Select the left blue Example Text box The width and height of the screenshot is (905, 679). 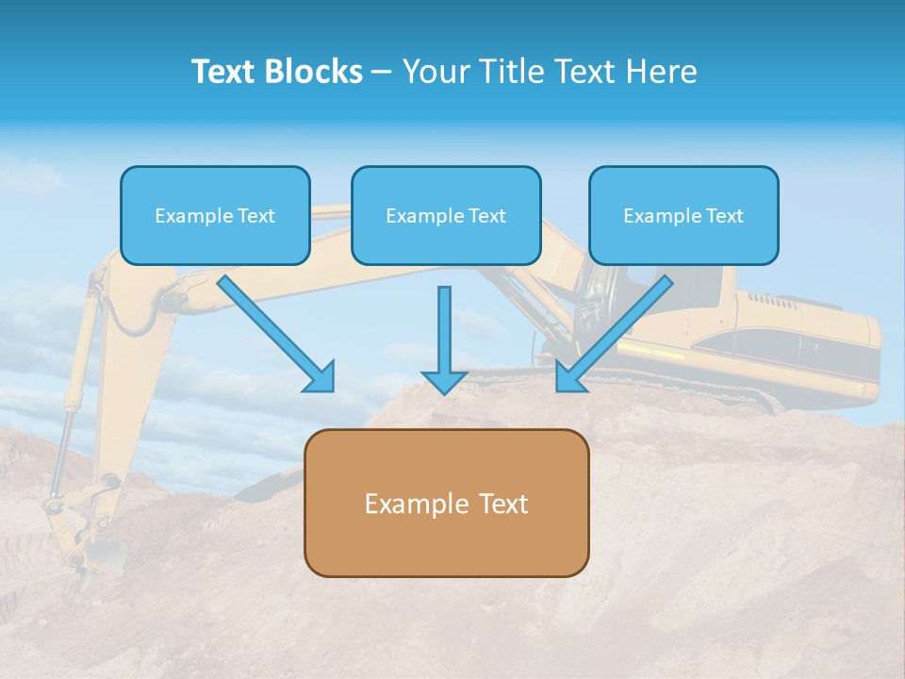tap(215, 215)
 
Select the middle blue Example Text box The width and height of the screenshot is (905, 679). tap(446, 215)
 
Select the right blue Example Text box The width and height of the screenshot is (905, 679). tap(683, 215)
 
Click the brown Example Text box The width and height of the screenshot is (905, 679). tap(447, 503)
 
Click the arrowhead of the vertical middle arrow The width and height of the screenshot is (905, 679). tap(444, 382)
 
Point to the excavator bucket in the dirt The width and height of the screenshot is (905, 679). tap(90, 547)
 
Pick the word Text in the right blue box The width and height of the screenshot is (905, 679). tap(724, 216)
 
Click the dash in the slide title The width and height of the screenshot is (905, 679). tap(382, 72)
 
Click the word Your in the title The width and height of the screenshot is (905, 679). tap(436, 72)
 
